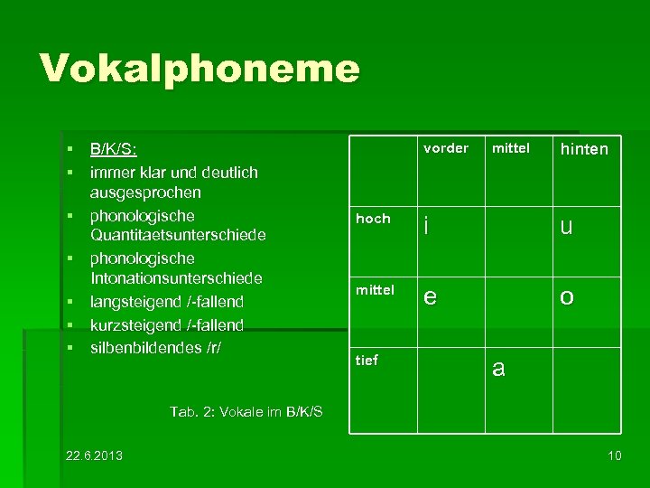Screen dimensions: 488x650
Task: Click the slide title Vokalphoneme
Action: [200, 69]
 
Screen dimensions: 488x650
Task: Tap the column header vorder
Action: [446, 148]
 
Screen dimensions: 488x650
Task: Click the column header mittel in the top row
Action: [510, 148]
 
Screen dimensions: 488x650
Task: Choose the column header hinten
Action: [584, 149]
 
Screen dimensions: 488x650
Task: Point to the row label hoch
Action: [373, 219]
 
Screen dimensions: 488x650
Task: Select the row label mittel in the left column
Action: [375, 290]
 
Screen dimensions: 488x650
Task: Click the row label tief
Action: [367, 360]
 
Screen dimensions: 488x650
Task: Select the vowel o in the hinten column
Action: [566, 297]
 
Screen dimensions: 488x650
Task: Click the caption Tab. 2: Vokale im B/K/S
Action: [246, 412]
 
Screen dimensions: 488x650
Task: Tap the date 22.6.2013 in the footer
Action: [95, 455]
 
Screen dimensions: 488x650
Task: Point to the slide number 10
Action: [615, 455]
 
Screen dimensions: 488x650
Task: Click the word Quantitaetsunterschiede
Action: [177, 236]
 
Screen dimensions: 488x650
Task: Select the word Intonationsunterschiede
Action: [175, 278]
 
